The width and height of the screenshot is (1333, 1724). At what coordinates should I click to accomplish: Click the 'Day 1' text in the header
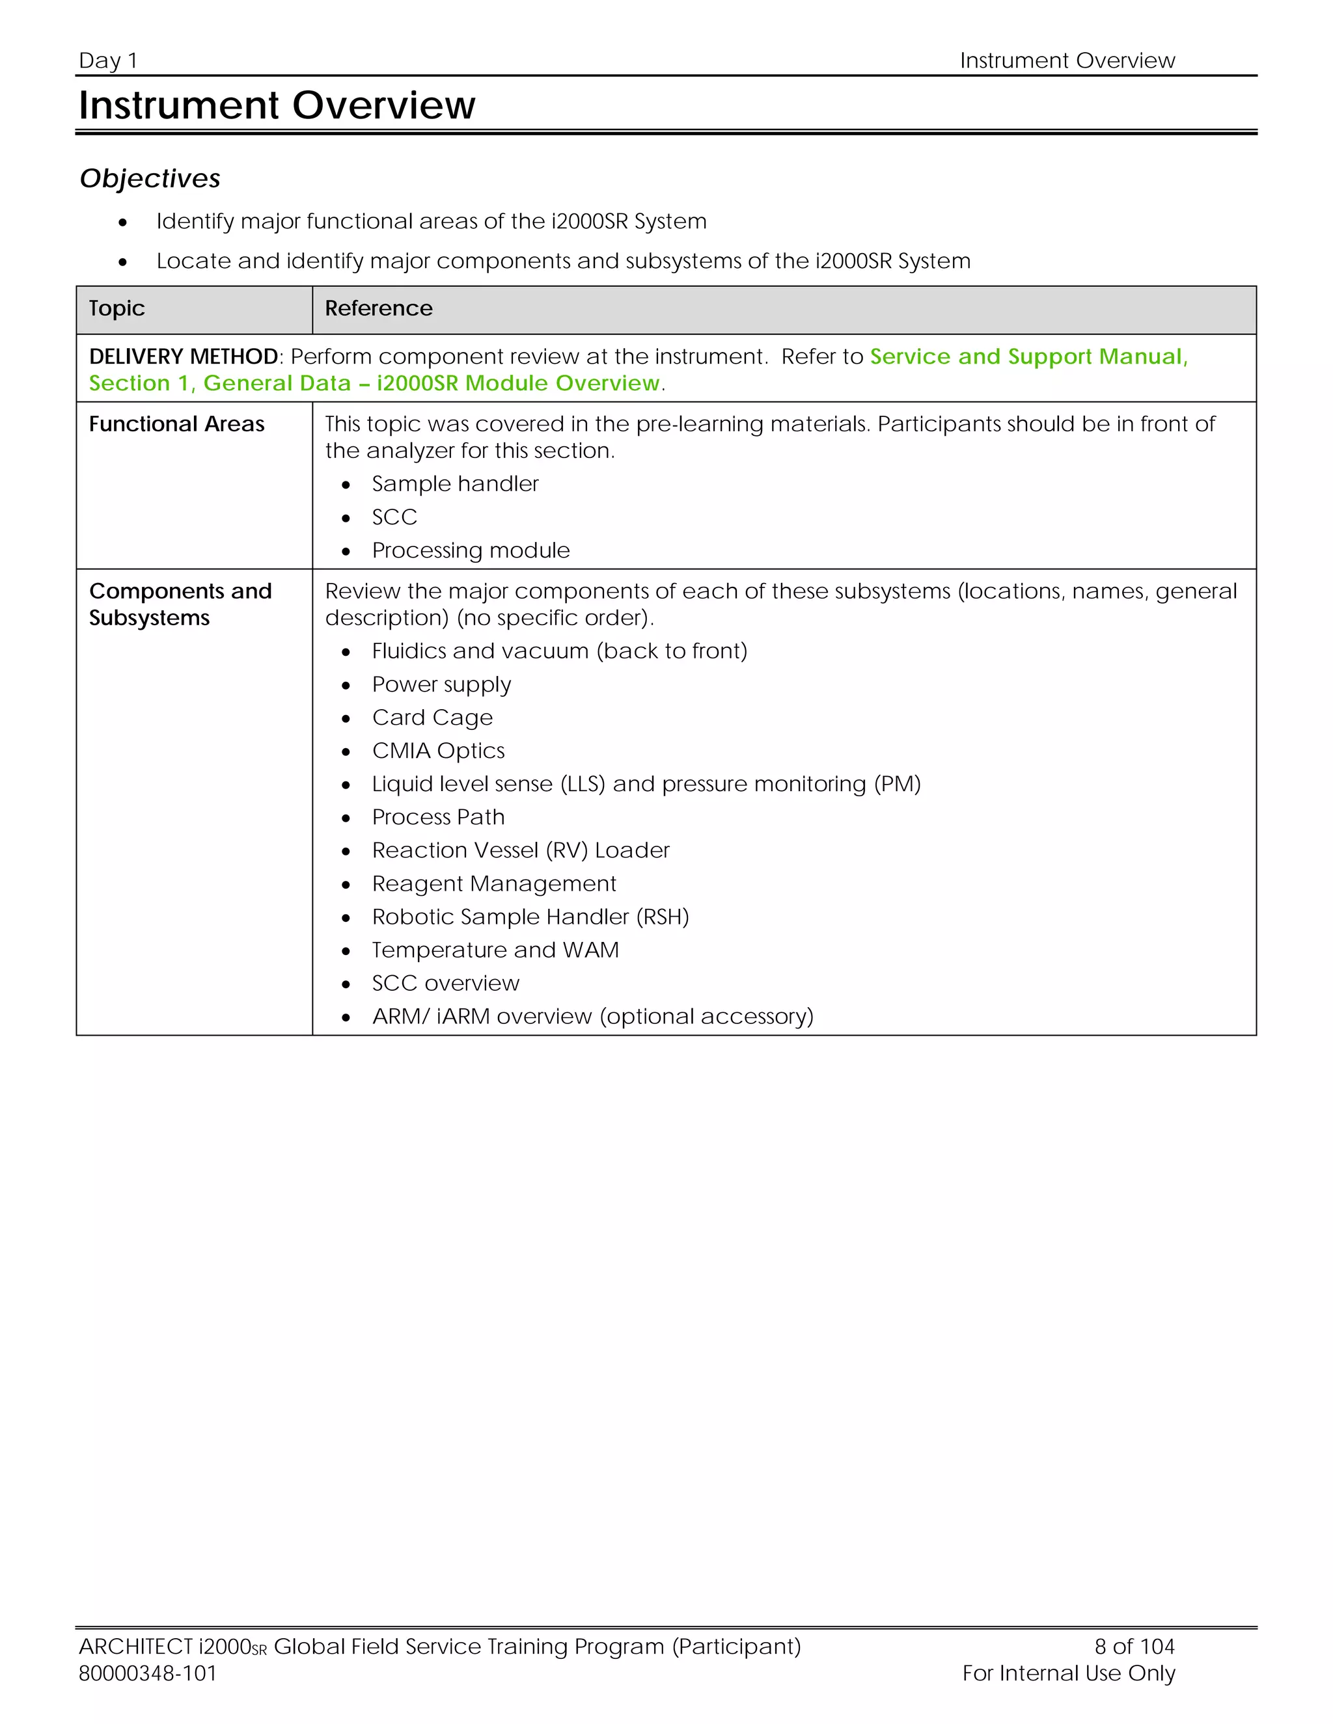coord(108,61)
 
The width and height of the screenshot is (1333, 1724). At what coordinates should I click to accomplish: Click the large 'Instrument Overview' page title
coord(277,105)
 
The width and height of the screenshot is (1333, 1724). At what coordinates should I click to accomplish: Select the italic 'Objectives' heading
coord(150,178)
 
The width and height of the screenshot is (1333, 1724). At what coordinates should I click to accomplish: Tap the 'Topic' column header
coord(117,308)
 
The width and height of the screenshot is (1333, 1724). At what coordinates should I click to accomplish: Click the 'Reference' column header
coord(378,308)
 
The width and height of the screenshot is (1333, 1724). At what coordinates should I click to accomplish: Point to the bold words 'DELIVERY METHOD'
coord(183,357)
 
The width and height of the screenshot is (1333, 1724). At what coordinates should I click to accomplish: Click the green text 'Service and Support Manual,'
coord(1028,357)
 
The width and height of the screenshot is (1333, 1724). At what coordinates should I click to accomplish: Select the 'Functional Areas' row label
coord(177,425)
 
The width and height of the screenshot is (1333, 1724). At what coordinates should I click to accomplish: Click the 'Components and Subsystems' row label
coord(180,604)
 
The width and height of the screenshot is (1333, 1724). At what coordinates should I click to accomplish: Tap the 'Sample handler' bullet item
coord(455,484)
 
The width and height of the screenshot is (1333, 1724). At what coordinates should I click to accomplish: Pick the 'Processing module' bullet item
coord(471,550)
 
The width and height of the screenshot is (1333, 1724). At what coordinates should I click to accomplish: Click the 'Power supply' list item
coord(441,684)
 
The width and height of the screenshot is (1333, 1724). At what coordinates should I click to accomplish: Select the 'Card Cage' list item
coord(432,718)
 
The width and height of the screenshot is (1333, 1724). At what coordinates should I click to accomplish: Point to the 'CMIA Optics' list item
coord(438,751)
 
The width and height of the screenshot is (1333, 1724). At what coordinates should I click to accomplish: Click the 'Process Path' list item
coord(438,817)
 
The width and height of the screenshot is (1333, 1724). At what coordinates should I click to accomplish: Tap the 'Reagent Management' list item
coord(493,883)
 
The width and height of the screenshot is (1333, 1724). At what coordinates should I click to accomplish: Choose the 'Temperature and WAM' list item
coord(495,950)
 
